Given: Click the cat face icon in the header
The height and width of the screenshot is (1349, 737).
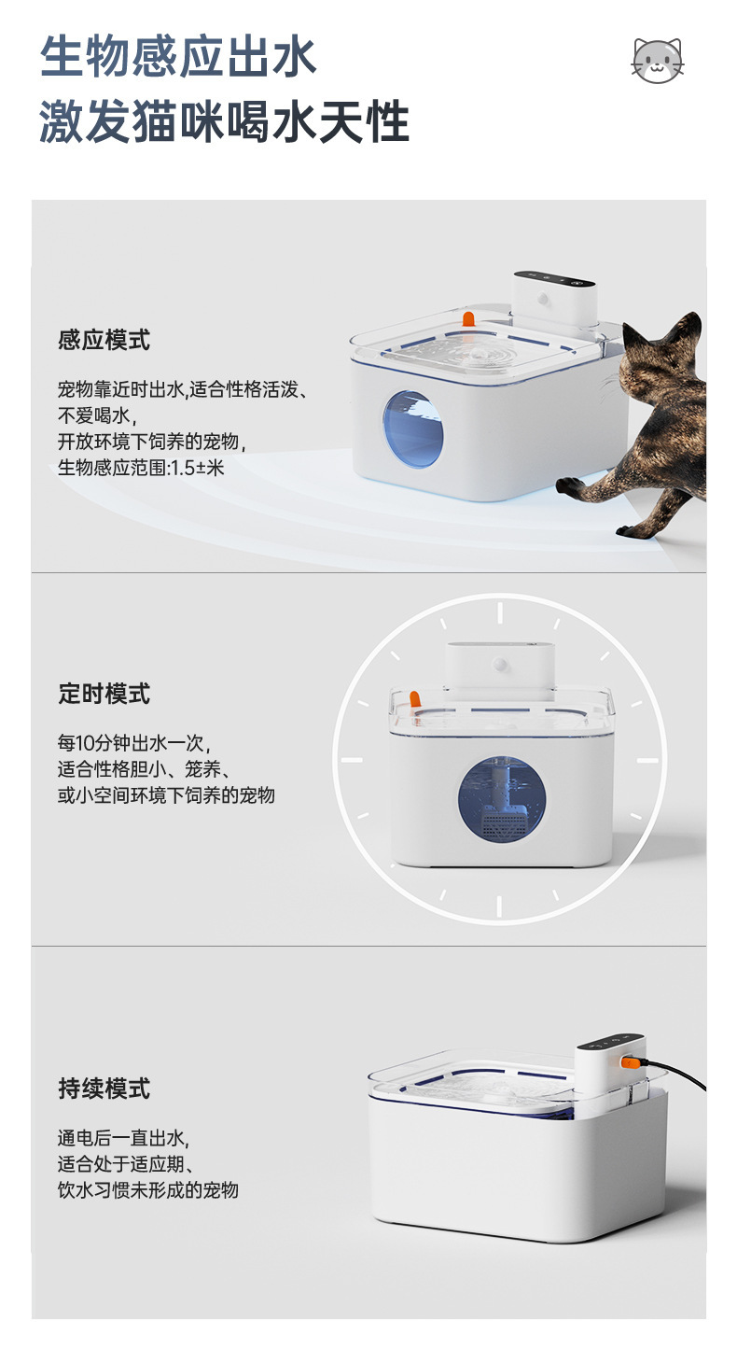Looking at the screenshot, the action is (658, 61).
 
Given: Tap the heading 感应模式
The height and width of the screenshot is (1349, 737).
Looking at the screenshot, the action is (104, 340).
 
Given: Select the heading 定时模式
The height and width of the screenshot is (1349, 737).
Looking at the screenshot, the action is (104, 694).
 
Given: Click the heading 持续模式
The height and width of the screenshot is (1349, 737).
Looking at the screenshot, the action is (104, 1089).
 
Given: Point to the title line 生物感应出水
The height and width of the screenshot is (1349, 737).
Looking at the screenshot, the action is (178, 57).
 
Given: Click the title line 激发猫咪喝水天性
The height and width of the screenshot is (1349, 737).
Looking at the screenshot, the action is (225, 122).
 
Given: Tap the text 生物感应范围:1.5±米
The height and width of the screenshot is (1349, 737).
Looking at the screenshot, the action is (141, 468).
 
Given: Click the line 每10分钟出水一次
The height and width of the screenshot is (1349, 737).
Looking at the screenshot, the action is (133, 743).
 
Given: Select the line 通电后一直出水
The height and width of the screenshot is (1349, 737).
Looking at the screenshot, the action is (123, 1138).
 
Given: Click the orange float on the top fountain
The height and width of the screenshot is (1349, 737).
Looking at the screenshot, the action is (468, 319).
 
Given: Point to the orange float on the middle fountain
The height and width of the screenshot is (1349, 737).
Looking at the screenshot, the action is (414, 699).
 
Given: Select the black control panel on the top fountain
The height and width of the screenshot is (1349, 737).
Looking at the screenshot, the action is (554, 279).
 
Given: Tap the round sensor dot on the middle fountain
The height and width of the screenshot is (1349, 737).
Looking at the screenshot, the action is (500, 665).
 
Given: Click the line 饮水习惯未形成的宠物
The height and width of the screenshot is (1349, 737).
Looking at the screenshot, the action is (148, 1190).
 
